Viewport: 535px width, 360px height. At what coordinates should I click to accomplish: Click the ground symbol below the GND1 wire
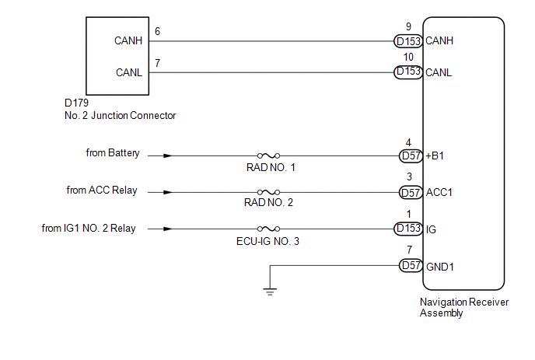(x=269, y=292)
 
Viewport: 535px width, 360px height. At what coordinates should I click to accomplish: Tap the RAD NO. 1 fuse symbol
(x=269, y=156)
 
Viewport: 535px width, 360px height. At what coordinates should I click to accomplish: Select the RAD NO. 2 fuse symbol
(x=269, y=192)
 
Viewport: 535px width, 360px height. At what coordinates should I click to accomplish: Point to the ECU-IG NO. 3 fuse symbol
(x=269, y=229)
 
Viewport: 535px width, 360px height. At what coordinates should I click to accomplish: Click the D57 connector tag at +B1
(x=410, y=156)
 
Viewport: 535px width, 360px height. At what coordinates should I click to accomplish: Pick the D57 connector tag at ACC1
(x=410, y=192)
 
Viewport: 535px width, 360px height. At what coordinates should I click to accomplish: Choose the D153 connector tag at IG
(x=409, y=229)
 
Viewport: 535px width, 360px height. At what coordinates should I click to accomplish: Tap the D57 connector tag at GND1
(x=410, y=265)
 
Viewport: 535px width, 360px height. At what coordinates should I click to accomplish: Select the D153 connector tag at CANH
(x=409, y=40)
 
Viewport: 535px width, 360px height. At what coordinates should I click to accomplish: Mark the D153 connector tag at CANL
(x=409, y=72)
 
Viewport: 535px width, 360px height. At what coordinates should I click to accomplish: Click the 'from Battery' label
(x=113, y=153)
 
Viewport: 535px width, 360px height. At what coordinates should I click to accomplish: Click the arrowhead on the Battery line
(x=168, y=156)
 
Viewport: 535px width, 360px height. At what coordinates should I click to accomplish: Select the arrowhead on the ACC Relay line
(x=168, y=192)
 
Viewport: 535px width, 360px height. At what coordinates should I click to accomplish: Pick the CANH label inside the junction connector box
(x=128, y=41)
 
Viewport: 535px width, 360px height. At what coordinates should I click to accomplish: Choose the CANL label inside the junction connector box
(x=128, y=73)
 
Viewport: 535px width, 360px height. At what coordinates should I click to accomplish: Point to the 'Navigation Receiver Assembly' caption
(x=463, y=308)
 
